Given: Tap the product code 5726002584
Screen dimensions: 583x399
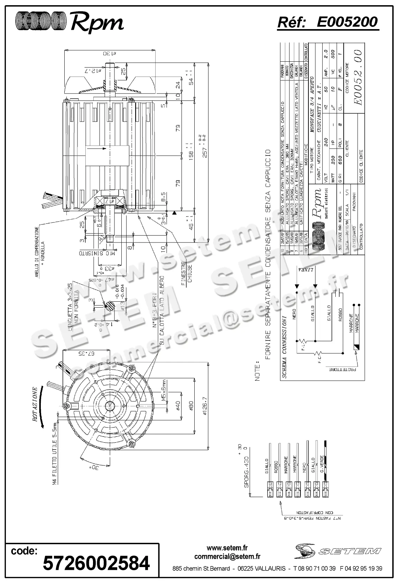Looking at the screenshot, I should click(x=96, y=563).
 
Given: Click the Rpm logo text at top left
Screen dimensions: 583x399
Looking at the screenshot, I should click(x=97, y=23).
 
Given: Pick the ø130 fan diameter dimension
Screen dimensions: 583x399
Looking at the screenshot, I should click(x=109, y=54).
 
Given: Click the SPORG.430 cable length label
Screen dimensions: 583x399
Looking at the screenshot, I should click(x=246, y=471).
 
